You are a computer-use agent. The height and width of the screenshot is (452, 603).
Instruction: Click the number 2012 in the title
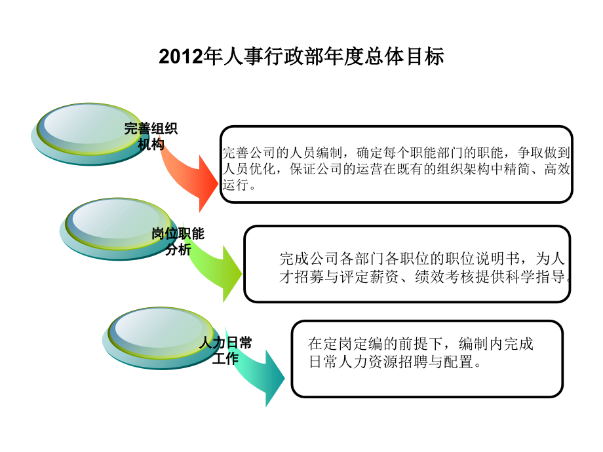[x=181, y=56]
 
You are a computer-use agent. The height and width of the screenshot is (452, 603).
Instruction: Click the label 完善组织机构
[x=151, y=136]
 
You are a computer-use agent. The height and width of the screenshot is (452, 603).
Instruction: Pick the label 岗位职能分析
[x=178, y=241]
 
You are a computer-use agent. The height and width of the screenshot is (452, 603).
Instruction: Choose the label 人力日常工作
[x=225, y=350]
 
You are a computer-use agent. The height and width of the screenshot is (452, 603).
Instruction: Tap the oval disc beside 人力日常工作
[x=161, y=338]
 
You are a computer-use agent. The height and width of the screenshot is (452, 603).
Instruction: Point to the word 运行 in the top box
[x=235, y=185]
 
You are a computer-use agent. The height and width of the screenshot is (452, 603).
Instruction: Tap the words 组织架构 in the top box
[x=476, y=169]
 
